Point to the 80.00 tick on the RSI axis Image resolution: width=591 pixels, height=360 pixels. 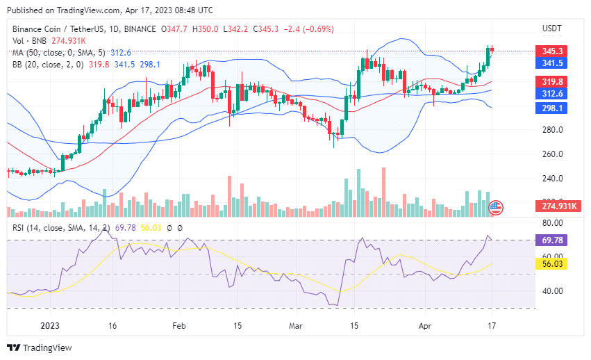tap(552, 223)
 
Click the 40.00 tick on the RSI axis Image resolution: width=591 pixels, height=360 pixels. tap(552, 291)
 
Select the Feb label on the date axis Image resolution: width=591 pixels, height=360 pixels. tap(179, 325)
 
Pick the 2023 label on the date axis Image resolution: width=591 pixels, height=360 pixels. tap(51, 325)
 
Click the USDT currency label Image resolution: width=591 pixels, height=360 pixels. tap(552, 28)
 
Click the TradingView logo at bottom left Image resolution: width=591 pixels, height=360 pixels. tap(40, 347)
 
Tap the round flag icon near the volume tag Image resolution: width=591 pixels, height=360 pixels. tap(496, 206)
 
